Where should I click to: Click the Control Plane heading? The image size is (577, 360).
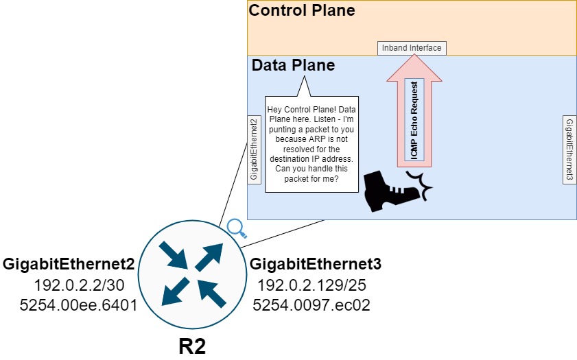coord(302,11)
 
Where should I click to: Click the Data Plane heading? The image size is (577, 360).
coord(293,66)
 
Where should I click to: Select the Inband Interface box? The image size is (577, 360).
coord(412,48)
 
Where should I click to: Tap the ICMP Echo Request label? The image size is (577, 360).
coord(414,120)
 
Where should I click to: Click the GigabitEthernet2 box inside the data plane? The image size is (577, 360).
coord(254,149)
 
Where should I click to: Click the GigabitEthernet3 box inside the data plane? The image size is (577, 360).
coord(569,149)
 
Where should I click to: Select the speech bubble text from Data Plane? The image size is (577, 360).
coord(311,144)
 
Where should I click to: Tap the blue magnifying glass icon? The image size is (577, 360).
coord(236,227)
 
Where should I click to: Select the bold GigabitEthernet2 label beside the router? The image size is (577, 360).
coord(69,265)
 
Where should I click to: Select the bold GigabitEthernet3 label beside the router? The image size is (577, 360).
coord(316,265)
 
